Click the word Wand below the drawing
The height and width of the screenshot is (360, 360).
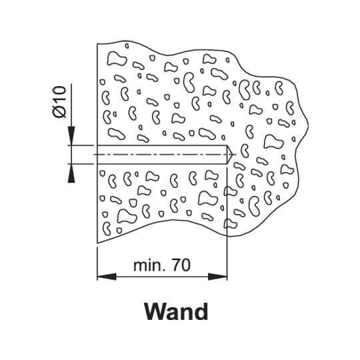pos(176,311)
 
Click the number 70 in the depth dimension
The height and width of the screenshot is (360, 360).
pos(181,265)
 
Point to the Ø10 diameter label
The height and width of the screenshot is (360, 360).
pos(59,102)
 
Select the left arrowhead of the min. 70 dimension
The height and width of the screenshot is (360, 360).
pos(107,277)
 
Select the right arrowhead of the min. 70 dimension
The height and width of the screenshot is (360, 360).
pos(217,277)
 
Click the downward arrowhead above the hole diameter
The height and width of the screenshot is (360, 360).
pos(71,136)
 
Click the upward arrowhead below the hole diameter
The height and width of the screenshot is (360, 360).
pos(71,173)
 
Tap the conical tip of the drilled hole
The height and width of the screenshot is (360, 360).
pos(229,155)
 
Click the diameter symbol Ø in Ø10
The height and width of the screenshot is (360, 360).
pos(59,112)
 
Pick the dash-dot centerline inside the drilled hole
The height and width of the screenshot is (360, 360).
pos(165,155)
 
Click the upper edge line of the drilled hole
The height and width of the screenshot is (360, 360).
pos(162,145)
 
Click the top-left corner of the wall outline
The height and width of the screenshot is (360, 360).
pos(97,44)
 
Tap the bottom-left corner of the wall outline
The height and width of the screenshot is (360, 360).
pos(97,243)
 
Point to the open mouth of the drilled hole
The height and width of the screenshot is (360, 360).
pos(97,155)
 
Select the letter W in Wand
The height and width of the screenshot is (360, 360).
pos(155,311)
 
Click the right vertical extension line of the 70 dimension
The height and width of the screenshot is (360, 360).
pos(227,224)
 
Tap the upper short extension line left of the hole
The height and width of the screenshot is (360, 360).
pos(81,145)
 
